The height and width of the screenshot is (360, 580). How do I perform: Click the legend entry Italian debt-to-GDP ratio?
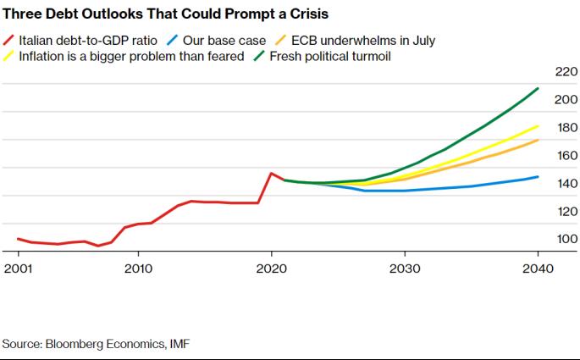[88, 40]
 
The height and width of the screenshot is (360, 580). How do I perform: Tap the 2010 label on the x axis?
[138, 269]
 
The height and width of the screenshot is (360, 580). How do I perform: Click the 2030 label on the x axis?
[405, 269]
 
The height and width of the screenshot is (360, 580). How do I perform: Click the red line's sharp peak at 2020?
[271, 173]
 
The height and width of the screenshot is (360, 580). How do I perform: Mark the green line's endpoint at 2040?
[539, 88]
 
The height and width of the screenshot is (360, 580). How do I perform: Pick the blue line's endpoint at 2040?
[539, 177]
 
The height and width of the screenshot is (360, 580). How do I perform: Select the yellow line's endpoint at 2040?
[539, 125]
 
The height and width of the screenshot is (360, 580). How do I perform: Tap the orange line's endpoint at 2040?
[539, 140]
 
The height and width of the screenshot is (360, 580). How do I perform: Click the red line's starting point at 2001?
[18, 239]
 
